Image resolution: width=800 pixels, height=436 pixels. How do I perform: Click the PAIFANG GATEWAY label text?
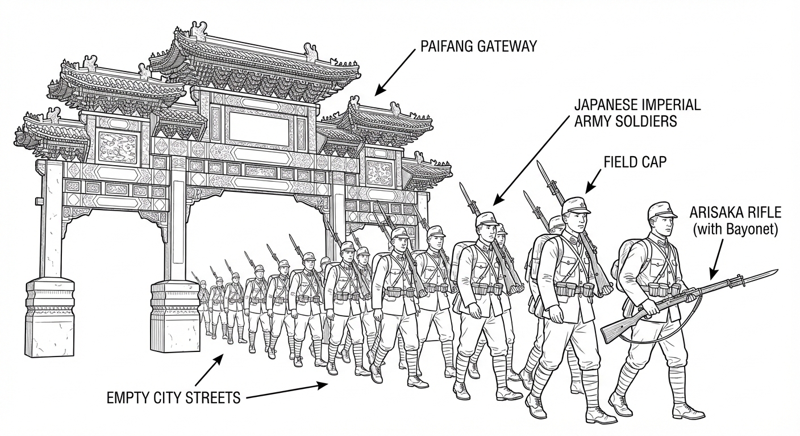tap(478, 47)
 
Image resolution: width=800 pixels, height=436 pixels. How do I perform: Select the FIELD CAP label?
tap(635, 162)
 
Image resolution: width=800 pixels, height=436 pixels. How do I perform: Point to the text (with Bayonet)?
tap(735, 229)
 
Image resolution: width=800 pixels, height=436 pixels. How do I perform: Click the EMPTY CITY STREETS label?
tap(173, 397)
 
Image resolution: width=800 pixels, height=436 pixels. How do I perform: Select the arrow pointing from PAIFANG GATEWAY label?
tap(395, 73)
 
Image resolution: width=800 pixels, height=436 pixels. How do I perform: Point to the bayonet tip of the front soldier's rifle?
tap(777, 270)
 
